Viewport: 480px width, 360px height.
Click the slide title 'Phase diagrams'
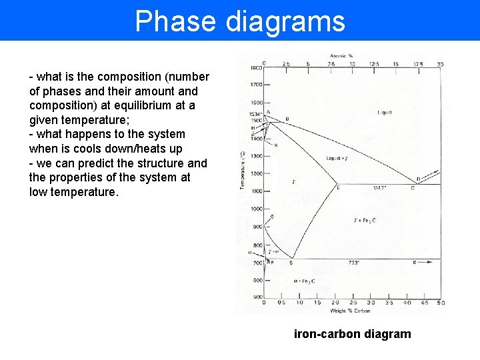click(240, 21)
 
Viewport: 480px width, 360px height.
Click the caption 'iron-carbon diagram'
click(352, 334)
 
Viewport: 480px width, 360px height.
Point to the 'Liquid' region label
click(385, 113)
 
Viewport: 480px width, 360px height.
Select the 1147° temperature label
click(381, 189)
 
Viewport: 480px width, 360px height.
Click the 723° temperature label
click(354, 263)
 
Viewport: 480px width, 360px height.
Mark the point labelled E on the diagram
click(338, 188)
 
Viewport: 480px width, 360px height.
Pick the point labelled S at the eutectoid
click(291, 263)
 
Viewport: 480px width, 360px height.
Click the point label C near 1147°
click(413, 188)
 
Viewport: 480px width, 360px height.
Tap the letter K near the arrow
click(414, 263)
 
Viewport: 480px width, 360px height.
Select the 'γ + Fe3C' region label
click(365, 220)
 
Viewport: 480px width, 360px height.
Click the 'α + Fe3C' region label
click(304, 281)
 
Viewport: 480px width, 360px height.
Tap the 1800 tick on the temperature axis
click(256, 68)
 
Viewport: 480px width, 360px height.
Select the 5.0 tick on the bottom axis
click(441, 303)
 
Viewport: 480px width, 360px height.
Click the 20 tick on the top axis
click(440, 64)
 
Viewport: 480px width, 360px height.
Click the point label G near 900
click(271, 217)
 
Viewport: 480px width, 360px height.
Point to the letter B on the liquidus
click(287, 119)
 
